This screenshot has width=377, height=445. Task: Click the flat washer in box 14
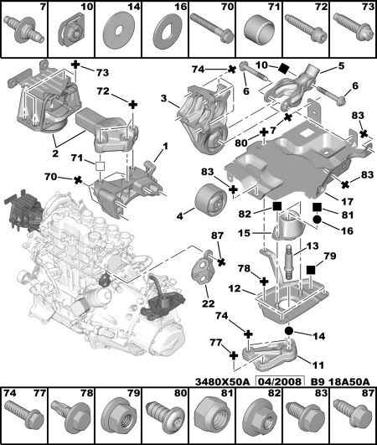coord(116,32)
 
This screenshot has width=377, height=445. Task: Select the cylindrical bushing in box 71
coord(259,31)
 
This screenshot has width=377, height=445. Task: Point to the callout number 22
coord(208,303)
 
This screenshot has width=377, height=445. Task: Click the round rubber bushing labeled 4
coord(210,199)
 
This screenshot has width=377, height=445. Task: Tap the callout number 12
coord(235,289)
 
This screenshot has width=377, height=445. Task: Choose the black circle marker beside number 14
coord(289,331)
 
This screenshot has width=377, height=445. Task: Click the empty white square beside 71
coord(100,166)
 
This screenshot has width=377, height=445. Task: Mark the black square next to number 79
coord(311,270)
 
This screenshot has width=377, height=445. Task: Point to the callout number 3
coord(163,99)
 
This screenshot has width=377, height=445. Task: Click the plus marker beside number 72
coord(132,105)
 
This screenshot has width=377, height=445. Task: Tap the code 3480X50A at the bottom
coord(222,381)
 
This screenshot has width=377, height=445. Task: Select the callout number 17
coord(347,201)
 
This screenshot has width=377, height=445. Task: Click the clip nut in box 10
coord(71,33)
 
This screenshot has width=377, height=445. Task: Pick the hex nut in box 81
coord(213,416)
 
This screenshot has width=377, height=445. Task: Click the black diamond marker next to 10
coord(283,69)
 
